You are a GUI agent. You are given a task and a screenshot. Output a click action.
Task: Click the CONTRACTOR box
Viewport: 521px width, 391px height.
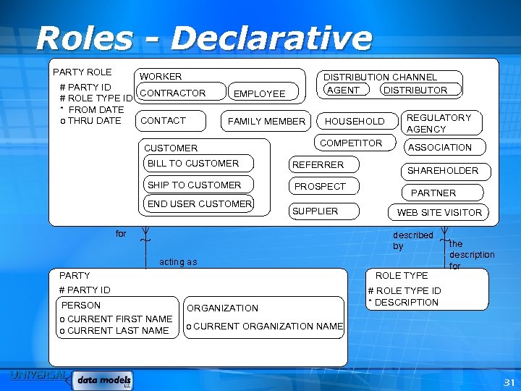click(x=173, y=93)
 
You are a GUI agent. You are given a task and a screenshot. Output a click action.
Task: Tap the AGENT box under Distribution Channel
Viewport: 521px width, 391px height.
click(x=343, y=90)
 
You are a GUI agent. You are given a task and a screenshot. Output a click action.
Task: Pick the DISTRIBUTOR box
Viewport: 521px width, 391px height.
click(x=415, y=90)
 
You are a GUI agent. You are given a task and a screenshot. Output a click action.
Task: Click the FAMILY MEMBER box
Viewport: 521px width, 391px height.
click(x=266, y=121)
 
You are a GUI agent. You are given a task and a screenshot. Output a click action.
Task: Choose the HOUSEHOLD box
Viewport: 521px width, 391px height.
click(x=355, y=121)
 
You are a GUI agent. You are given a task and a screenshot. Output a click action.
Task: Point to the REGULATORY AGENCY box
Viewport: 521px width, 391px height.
click(x=439, y=123)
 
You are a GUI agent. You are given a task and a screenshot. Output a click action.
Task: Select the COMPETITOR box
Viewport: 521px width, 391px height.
click(x=351, y=143)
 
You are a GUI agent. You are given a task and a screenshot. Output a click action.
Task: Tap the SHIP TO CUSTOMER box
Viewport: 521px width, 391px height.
click(x=195, y=185)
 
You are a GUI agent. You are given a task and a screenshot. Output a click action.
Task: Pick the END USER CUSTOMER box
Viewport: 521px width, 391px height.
click(x=200, y=204)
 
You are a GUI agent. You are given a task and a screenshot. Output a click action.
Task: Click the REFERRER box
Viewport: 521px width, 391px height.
click(x=318, y=165)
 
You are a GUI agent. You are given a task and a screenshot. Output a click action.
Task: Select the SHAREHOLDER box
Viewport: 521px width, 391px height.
click(x=442, y=171)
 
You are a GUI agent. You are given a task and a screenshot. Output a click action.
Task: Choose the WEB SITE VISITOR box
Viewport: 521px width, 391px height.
click(x=439, y=212)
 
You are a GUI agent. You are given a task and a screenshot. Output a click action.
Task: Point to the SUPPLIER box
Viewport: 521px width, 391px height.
click(x=315, y=211)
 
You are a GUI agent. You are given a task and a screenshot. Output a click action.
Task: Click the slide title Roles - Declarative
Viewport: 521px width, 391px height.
click(x=203, y=38)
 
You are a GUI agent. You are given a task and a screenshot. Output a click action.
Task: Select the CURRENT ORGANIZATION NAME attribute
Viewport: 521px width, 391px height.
click(x=265, y=327)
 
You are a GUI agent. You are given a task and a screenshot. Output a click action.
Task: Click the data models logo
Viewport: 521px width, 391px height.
click(x=104, y=379)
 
